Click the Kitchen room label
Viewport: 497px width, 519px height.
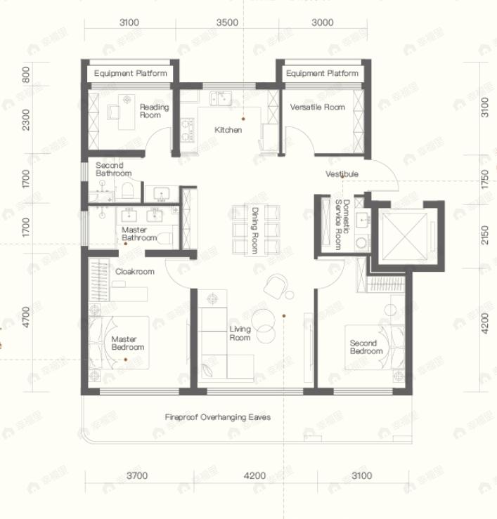[228, 130]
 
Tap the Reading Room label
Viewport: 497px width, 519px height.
[154, 111]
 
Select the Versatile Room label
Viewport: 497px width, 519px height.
[318, 107]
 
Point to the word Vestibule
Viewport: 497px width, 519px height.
[342, 173]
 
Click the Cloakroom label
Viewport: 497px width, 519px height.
[134, 271]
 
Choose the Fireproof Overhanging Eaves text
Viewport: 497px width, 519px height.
[218, 417]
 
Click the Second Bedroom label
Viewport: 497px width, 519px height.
[366, 347]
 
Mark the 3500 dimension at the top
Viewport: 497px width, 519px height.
[226, 22]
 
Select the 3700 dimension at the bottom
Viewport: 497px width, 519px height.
[137, 476]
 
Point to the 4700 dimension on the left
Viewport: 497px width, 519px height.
[26, 317]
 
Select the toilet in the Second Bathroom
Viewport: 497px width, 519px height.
[127, 190]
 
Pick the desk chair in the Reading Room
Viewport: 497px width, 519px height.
[127, 100]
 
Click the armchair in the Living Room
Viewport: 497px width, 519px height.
[276, 284]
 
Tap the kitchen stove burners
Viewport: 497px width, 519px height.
[187, 130]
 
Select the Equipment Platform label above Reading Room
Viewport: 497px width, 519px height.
[130, 74]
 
